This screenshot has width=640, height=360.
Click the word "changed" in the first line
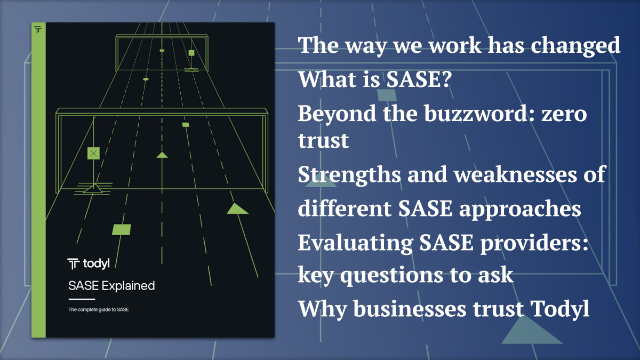pyautogui.click(x=575, y=46)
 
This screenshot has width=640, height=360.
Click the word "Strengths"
pyautogui.click(x=349, y=175)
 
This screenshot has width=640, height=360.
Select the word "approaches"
pyautogui.click(x=520, y=209)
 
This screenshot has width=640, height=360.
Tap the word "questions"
pyautogui.click(x=391, y=275)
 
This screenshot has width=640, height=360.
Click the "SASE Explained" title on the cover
pyautogui.click(x=111, y=286)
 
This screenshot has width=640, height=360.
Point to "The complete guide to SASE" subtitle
pyautogui.click(x=99, y=309)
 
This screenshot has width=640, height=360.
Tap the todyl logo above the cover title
pyautogui.click(x=89, y=263)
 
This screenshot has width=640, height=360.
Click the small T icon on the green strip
pyautogui.click(x=38, y=29)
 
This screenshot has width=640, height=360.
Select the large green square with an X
pyautogui.click(x=93, y=154)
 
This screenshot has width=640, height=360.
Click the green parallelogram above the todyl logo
pyautogui.click(x=122, y=229)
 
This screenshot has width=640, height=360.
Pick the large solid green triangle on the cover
pyautogui.click(x=237, y=209)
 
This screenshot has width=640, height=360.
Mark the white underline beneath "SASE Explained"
pyautogui.click(x=82, y=299)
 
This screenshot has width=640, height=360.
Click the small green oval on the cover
pyautogui.click(x=146, y=79)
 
